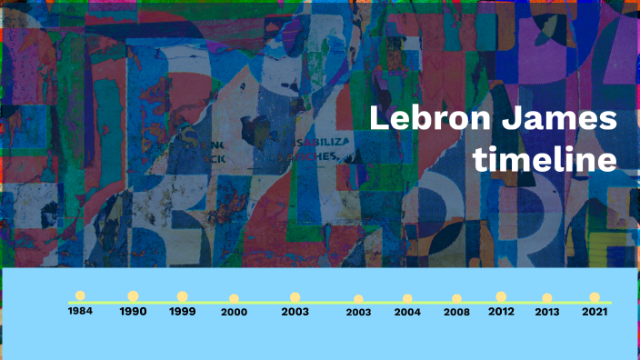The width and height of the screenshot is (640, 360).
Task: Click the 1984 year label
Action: click(x=80, y=311)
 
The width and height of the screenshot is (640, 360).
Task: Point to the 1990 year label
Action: click(x=133, y=311)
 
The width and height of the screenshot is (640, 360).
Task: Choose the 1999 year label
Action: click(x=183, y=311)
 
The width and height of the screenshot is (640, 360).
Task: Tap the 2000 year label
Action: click(x=235, y=312)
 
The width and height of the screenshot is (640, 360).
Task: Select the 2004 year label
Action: click(x=407, y=312)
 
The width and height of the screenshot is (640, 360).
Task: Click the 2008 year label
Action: click(x=456, y=312)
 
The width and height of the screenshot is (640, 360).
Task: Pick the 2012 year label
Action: click(x=501, y=311)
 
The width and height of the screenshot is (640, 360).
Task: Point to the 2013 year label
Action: click(x=546, y=311)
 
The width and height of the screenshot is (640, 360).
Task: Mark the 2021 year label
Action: click(x=595, y=311)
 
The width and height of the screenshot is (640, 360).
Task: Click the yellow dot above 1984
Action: click(x=80, y=295)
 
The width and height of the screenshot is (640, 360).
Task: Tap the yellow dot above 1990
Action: click(x=133, y=295)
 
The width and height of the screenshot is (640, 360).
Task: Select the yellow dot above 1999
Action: click(x=183, y=295)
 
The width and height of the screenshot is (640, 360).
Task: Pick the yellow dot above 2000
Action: click(x=235, y=298)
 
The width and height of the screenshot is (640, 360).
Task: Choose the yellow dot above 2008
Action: click(x=456, y=298)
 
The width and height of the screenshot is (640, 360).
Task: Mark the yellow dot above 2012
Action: click(x=501, y=296)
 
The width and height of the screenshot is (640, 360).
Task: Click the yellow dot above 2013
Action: click(x=546, y=297)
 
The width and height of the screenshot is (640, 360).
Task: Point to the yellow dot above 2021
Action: click(x=595, y=296)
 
